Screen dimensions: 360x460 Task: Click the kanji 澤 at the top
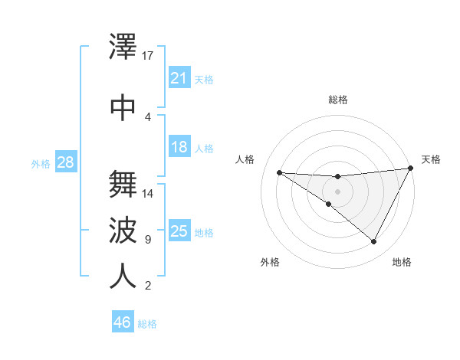pyautogui.click(x=123, y=48)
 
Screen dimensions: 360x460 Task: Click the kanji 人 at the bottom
pyautogui.click(x=123, y=276)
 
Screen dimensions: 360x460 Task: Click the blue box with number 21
pyautogui.click(x=179, y=78)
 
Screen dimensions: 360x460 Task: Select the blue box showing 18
pyautogui.click(x=179, y=148)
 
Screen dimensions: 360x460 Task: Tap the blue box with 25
pyautogui.click(x=179, y=231)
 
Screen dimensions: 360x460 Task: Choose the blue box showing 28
pyautogui.click(x=65, y=162)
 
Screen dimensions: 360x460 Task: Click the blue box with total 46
pyautogui.click(x=123, y=322)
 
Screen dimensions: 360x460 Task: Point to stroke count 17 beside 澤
pyautogui.click(x=148, y=56)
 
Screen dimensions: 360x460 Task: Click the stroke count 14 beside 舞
pyautogui.click(x=148, y=194)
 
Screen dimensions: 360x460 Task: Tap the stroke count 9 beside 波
pyautogui.click(x=148, y=240)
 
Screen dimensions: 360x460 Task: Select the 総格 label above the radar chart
pyautogui.click(x=338, y=100)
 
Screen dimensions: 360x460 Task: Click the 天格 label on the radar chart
pyautogui.click(x=431, y=159)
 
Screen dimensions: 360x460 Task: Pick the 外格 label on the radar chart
pyautogui.click(x=270, y=262)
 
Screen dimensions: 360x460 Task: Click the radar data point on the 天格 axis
pyautogui.click(x=411, y=169)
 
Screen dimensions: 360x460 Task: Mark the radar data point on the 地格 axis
pyautogui.click(x=374, y=242)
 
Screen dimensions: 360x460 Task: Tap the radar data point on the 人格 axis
pyautogui.click(x=279, y=172)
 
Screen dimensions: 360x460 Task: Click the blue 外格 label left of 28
pyautogui.click(x=40, y=163)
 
